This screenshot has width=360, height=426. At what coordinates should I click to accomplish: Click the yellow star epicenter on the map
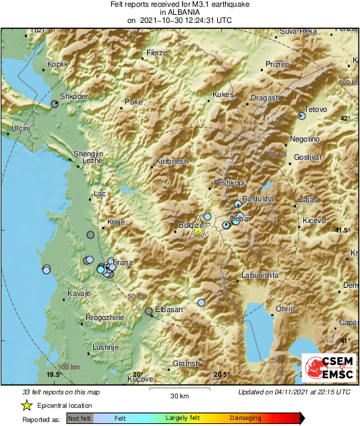(198, 228)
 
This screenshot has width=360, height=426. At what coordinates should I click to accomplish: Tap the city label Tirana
(122, 262)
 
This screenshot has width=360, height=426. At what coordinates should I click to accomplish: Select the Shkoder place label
(74, 97)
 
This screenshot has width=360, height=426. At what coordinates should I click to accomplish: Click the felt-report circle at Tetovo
(302, 117)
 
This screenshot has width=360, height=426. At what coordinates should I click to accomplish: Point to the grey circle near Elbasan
(149, 311)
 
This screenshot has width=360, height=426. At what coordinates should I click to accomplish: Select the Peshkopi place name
(228, 183)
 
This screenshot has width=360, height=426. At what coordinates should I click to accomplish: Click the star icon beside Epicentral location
(26, 405)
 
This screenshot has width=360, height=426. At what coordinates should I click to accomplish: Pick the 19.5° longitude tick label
(54, 374)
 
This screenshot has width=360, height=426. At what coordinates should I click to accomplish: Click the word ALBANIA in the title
(180, 12)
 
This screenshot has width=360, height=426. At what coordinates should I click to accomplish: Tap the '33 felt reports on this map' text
(61, 392)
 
